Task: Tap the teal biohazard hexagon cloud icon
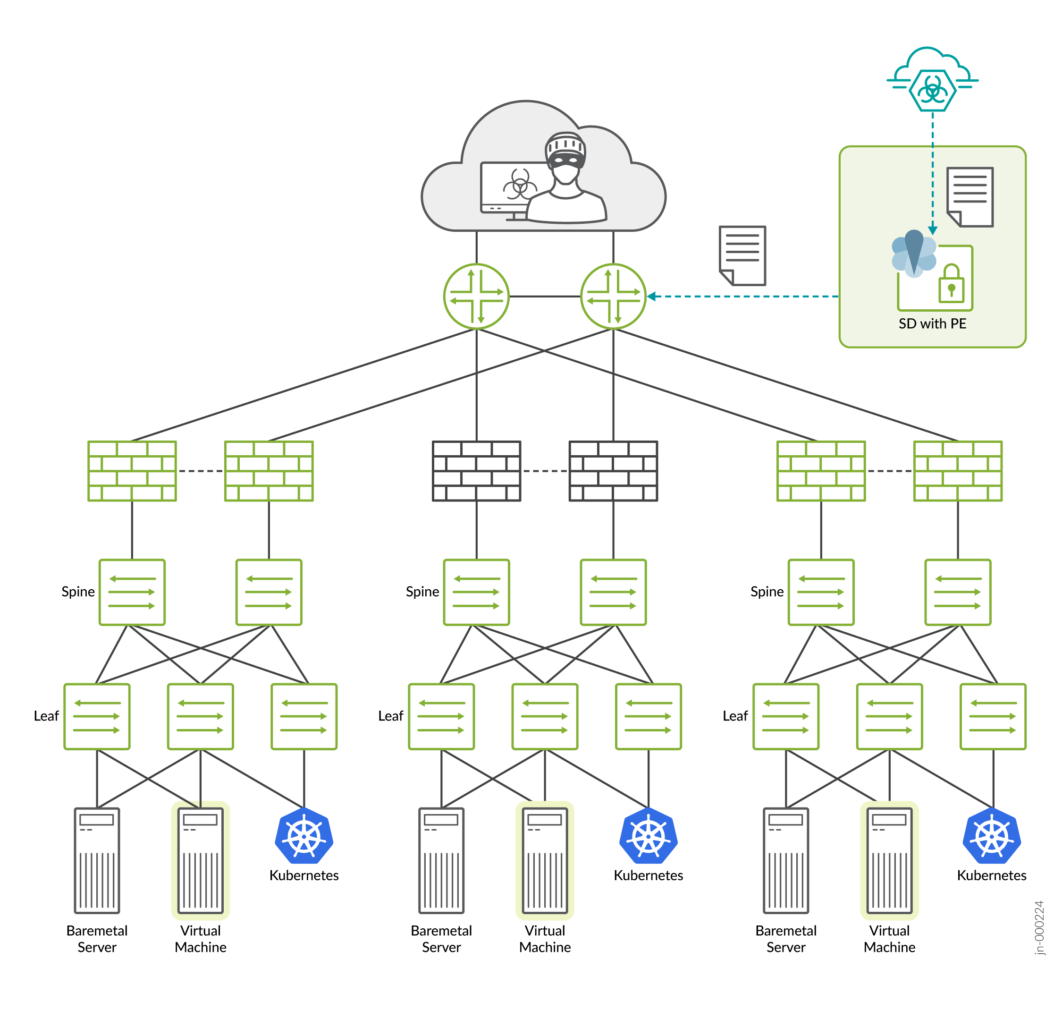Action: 932,89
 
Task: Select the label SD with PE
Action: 932,323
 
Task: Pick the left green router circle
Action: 476,296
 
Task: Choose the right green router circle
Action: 613,296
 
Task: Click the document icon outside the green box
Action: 742,255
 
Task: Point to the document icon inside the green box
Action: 969,197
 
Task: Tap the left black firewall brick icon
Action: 476,471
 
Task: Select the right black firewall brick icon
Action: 613,471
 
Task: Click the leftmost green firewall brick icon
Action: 132,471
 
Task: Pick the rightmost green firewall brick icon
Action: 958,471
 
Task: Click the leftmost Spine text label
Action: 78,592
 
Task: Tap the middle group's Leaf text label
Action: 390,716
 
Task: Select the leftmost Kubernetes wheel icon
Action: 304,836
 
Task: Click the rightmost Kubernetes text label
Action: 992,875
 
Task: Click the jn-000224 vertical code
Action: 1039,927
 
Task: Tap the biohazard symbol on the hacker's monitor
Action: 519,185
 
